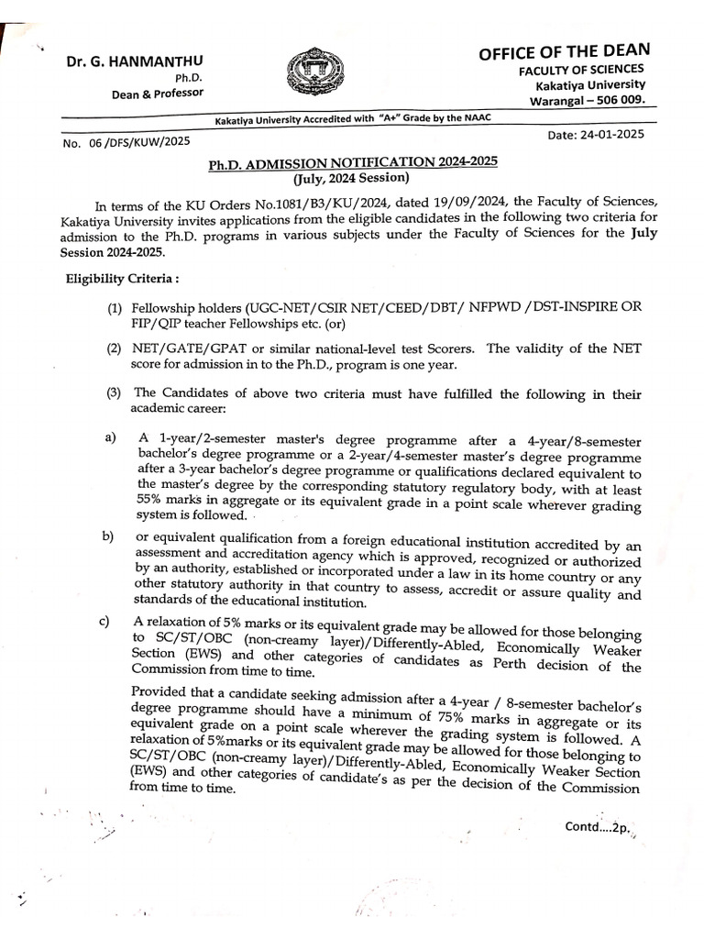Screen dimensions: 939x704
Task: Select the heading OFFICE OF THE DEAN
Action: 564,52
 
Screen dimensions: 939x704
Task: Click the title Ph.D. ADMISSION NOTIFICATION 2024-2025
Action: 352,161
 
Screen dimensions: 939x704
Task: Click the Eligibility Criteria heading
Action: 115,278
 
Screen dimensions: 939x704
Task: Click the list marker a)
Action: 111,438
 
